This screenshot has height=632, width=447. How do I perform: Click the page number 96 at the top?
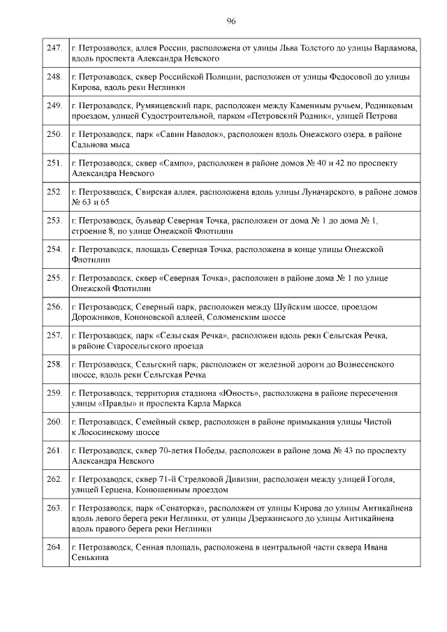click(x=230, y=22)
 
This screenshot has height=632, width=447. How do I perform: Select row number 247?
click(x=54, y=47)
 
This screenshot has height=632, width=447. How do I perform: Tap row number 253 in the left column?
click(x=54, y=220)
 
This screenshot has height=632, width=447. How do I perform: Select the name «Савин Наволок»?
click(x=184, y=133)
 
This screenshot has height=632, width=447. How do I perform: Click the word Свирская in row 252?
click(x=151, y=191)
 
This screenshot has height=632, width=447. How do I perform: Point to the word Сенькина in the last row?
click(x=91, y=557)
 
